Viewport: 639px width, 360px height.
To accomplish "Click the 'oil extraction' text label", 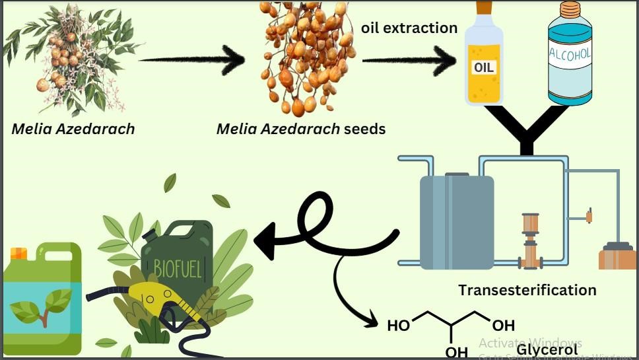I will tap(409, 28).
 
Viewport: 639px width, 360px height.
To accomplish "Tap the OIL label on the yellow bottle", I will tap(483, 67).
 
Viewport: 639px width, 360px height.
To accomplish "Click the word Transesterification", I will tap(527, 290).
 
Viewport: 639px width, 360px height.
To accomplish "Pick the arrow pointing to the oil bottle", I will tap(409, 61).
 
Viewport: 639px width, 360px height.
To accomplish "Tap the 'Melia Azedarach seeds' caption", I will tap(300, 129).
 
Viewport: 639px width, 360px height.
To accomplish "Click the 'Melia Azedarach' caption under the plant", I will tap(73, 129).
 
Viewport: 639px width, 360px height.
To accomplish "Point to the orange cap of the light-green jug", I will tap(18, 253).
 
